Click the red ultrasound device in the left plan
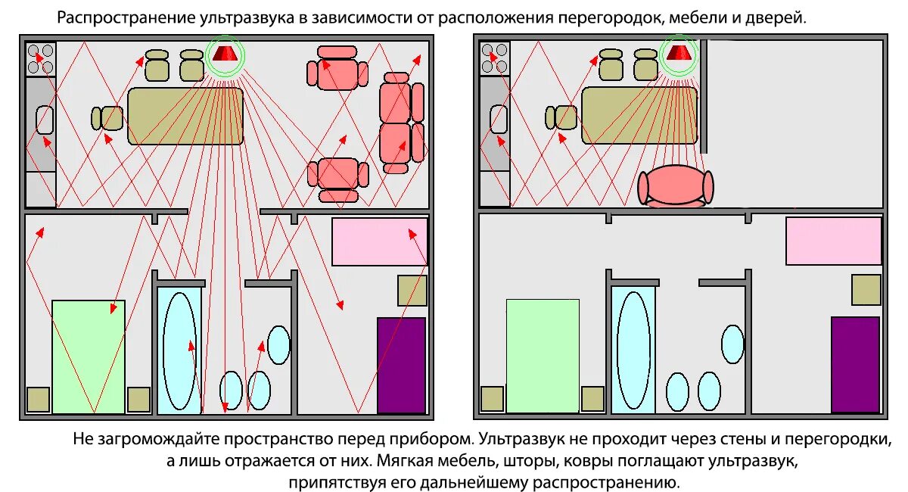point(224,54)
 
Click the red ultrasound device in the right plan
point(678,53)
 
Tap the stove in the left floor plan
point(41,58)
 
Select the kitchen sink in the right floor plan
point(499,120)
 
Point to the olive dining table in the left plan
point(185,115)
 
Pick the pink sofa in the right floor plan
point(676,186)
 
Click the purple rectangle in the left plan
point(401,365)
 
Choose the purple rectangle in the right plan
point(855,364)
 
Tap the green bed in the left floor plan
point(88,356)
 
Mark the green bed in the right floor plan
point(542,356)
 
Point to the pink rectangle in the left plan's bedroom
point(379,241)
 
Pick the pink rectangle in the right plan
point(833,241)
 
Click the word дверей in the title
point(781,17)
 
